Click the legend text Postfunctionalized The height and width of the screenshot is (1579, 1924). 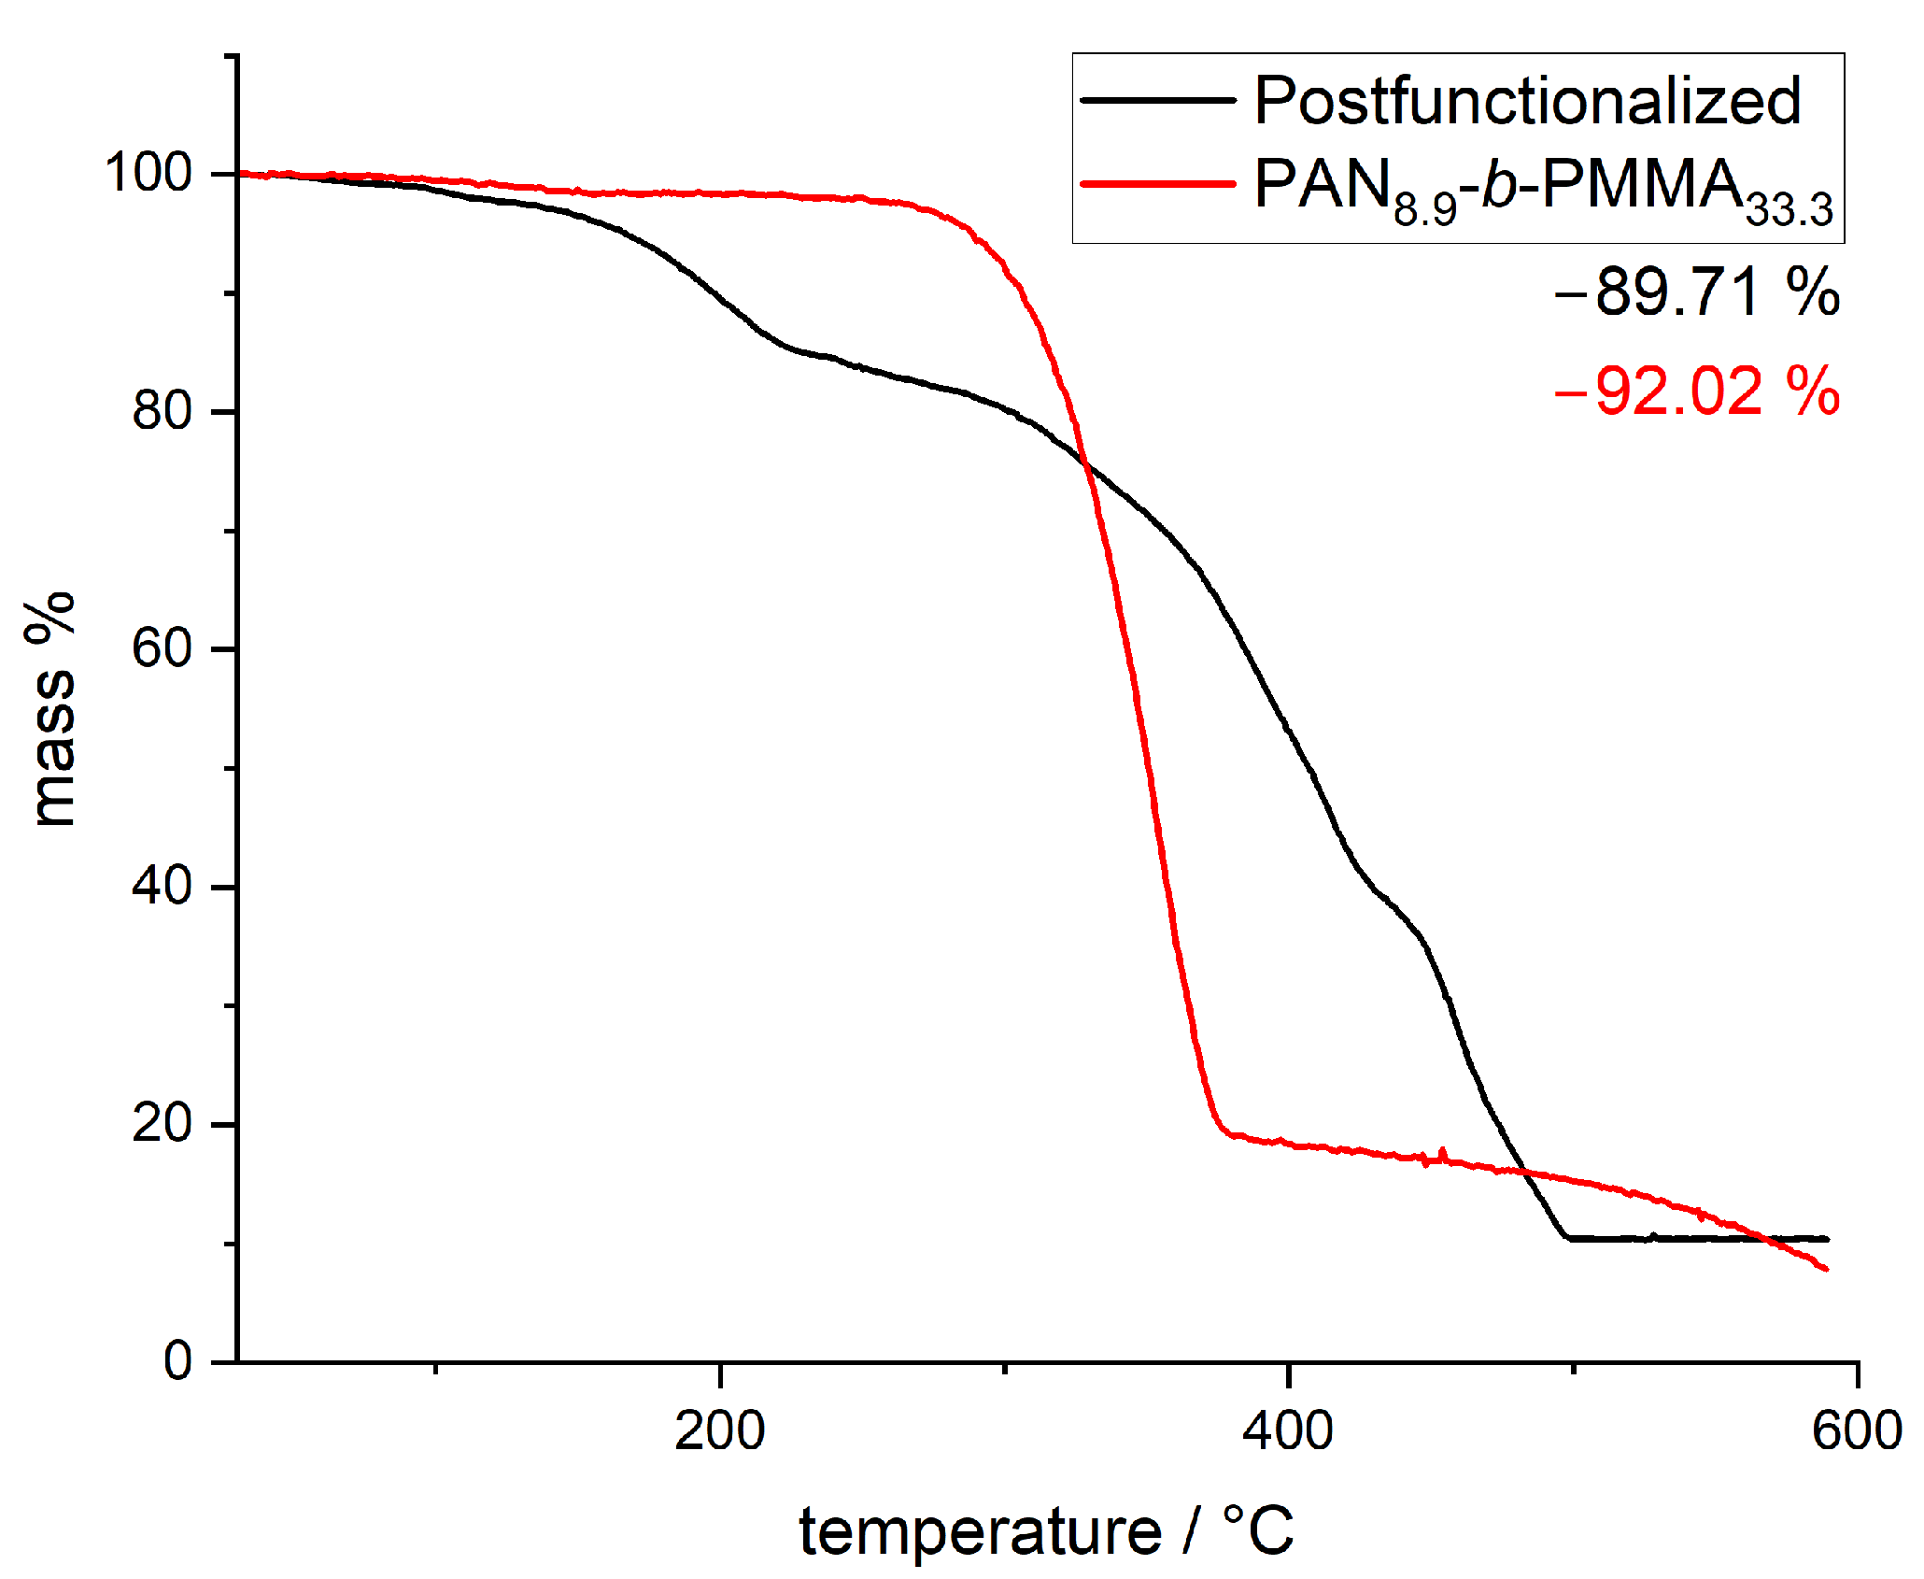click(x=1527, y=101)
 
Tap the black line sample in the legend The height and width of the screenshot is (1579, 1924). click(x=1158, y=99)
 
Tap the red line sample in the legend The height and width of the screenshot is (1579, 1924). click(x=1158, y=183)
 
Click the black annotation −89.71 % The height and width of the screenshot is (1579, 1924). click(x=1696, y=292)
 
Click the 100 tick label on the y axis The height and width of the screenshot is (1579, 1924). click(x=148, y=173)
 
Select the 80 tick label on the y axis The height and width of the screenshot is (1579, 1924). click(x=162, y=411)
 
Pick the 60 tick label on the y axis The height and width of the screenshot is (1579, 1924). click(x=162, y=648)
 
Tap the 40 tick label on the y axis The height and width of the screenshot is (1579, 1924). click(x=162, y=886)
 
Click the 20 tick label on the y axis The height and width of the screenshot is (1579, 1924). click(x=162, y=1124)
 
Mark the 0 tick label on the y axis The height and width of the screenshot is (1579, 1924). click(x=177, y=1361)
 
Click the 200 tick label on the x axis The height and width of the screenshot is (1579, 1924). click(x=719, y=1430)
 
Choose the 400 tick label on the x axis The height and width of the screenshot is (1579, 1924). click(x=1287, y=1430)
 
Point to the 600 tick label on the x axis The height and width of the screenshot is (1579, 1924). click(x=1857, y=1430)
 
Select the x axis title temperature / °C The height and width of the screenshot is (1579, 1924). click(x=1046, y=1530)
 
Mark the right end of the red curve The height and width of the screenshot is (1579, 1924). click(x=1825, y=1269)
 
